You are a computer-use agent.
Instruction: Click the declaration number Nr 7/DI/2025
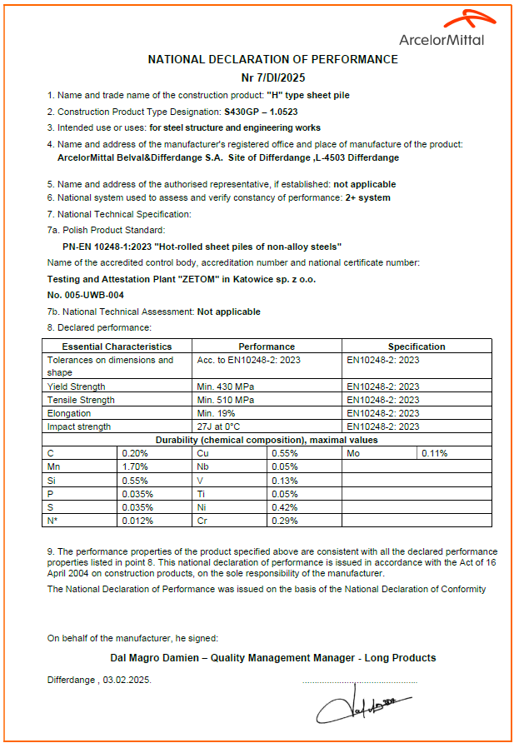click(x=272, y=77)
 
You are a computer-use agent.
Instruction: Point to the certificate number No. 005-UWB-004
click(x=86, y=295)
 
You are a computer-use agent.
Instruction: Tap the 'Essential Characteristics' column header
click(x=117, y=347)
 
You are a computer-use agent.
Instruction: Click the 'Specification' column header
click(x=417, y=347)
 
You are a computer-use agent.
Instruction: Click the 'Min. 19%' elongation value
click(x=216, y=413)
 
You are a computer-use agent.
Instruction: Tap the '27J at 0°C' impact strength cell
click(x=218, y=426)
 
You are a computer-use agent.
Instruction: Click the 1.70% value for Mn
click(x=135, y=467)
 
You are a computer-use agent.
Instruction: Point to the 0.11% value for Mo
click(x=435, y=453)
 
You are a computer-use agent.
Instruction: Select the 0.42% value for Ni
click(x=284, y=507)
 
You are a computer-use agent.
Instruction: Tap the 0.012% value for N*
click(x=137, y=521)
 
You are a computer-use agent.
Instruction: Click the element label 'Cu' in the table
click(x=202, y=453)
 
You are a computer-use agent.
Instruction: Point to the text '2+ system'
click(x=367, y=197)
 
